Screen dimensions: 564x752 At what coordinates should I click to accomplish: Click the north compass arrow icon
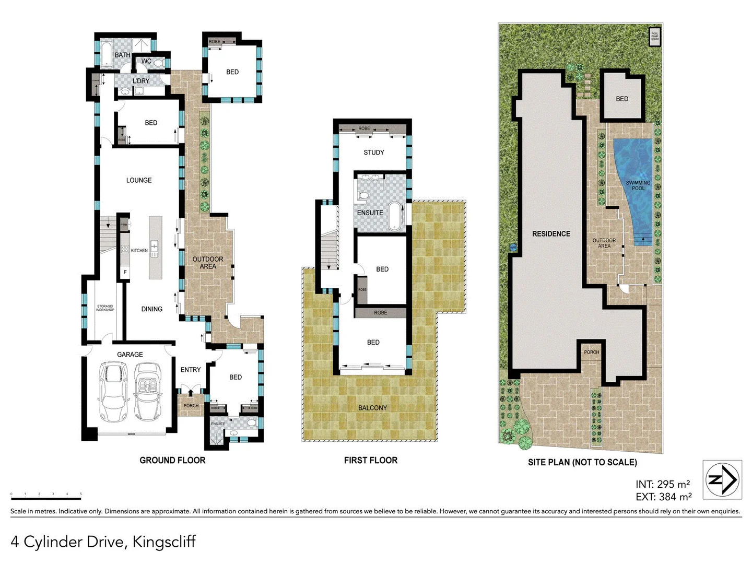722,479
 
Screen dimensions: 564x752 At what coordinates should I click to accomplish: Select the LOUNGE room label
139,180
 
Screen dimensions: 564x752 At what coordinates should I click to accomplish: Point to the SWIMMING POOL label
638,185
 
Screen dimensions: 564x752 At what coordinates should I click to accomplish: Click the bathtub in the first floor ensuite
394,217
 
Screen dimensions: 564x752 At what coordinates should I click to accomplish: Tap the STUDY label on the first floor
374,152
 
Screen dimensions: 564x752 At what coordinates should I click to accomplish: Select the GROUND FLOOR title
172,460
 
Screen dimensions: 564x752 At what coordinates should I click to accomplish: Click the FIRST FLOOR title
371,460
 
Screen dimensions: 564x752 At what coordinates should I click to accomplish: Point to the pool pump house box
654,37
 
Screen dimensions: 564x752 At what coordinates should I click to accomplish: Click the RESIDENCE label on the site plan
551,234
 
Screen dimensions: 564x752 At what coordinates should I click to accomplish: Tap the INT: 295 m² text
663,484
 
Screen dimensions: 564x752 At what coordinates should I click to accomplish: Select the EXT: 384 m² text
663,497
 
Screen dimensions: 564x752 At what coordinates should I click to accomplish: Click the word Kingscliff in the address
164,542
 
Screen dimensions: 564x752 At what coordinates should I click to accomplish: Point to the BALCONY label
372,408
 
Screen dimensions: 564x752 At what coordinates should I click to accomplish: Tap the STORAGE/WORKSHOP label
105,308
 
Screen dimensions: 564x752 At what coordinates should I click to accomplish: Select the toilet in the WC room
159,63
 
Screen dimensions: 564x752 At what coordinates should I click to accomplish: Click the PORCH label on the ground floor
191,405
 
